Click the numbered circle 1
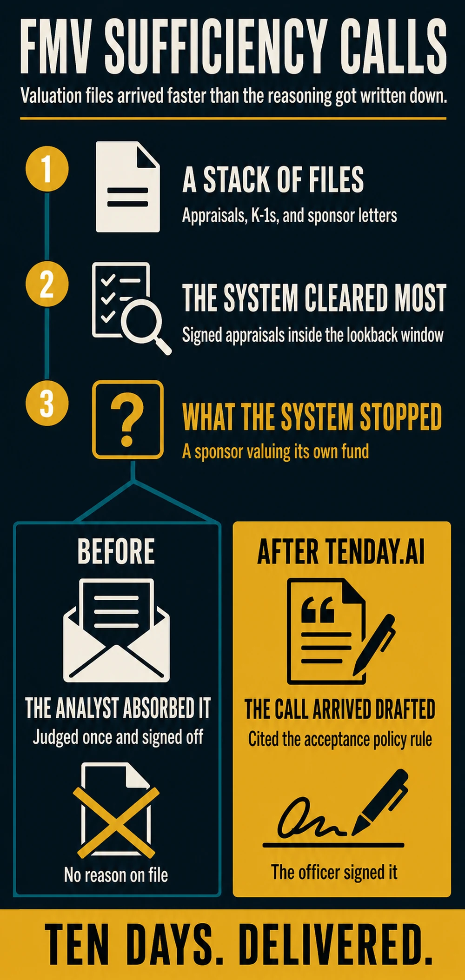47,168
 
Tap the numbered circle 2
47,284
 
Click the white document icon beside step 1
127,187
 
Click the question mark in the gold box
127,419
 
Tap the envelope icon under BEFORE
116,630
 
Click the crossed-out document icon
116,809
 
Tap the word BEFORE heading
116,551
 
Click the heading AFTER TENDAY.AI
341,552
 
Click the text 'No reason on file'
116,875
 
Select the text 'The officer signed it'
334,872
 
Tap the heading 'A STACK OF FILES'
273,180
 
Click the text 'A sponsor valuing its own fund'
275,451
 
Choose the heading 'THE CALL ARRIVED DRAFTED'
340,709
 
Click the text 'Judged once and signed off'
118,737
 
